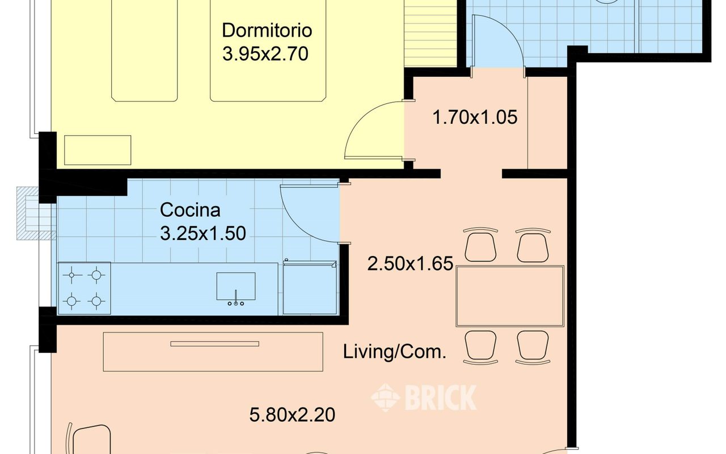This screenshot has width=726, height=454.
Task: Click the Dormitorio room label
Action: point(267,30)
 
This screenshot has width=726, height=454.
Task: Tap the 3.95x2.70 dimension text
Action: point(265,53)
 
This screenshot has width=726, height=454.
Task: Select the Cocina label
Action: point(190,210)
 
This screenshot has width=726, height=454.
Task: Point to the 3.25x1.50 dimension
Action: point(203,233)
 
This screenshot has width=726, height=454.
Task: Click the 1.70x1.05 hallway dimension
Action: point(475,117)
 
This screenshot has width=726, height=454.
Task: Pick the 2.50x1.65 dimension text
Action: point(410,263)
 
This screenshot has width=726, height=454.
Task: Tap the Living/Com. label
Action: point(394,352)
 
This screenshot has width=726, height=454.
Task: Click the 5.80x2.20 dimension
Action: point(292,415)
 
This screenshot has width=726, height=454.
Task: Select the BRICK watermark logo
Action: point(424,398)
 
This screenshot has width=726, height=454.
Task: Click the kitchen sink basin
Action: point(236,287)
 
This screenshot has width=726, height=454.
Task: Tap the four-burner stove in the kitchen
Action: point(84,288)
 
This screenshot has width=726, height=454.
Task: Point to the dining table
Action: point(510,296)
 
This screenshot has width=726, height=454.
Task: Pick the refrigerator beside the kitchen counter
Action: point(310,288)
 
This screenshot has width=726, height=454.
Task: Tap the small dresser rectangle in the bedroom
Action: point(98,150)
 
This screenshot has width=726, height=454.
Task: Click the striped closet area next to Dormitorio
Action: point(430,33)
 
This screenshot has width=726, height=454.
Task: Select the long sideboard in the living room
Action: point(213,352)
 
